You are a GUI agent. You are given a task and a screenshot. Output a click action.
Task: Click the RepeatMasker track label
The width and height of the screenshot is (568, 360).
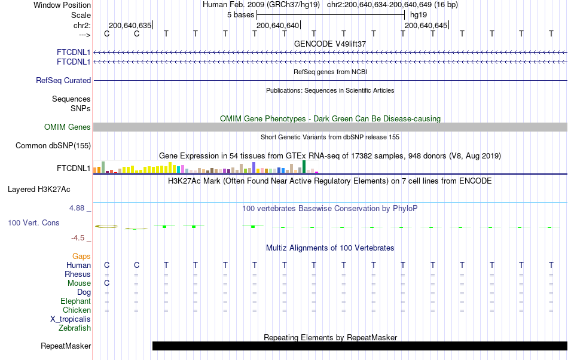click(x=66, y=346)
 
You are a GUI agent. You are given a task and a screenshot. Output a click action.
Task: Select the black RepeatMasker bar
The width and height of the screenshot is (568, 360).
click(x=359, y=346)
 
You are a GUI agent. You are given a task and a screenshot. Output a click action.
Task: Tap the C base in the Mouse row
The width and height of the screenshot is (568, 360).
click(x=107, y=283)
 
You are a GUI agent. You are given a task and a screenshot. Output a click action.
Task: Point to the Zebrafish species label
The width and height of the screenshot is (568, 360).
click(x=75, y=328)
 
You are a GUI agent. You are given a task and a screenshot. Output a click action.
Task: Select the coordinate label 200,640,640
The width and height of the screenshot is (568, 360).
click(x=277, y=26)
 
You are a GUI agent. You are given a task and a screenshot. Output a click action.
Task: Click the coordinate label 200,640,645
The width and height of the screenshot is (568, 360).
click(x=426, y=26)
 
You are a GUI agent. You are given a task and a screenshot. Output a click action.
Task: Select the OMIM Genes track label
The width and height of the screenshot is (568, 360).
click(x=68, y=127)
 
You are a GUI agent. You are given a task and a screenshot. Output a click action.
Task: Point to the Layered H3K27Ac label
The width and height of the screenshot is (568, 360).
click(x=39, y=190)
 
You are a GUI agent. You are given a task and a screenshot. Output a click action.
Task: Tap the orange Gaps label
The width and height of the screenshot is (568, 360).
click(x=81, y=256)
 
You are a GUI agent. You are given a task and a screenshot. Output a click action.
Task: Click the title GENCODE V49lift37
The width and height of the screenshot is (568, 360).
click(x=330, y=44)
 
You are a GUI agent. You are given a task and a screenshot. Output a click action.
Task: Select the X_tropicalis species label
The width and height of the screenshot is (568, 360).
click(x=71, y=319)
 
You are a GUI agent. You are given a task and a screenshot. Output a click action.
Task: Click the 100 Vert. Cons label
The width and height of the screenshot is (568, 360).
click(x=33, y=222)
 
